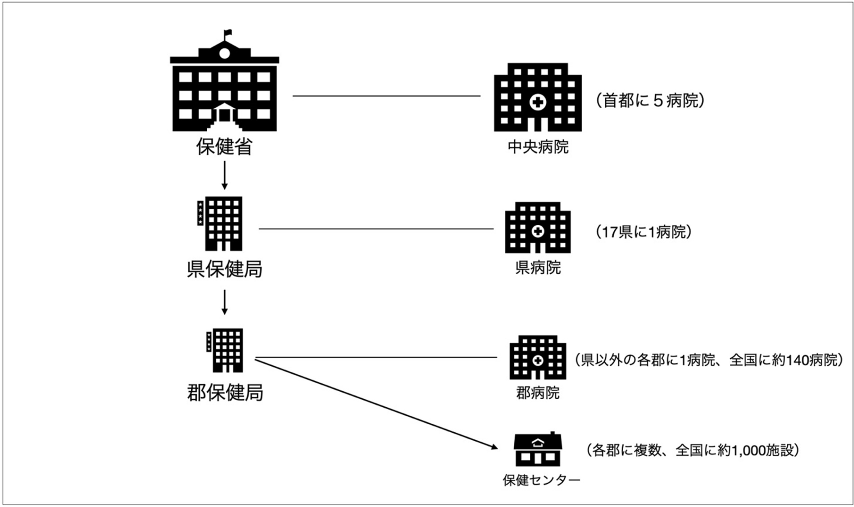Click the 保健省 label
[224, 147]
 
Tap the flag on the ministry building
[227, 32]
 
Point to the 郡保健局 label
[225, 393]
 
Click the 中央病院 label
[538, 147]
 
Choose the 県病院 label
[538, 268]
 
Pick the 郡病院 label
[538, 393]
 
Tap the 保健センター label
[541, 480]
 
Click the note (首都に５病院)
[650, 101]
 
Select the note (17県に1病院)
[644, 232]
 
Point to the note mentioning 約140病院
[709, 360]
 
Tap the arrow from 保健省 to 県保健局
[224, 175]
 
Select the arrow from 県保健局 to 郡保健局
[224, 302]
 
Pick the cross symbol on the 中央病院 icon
[538, 102]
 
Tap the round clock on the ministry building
[225, 53]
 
